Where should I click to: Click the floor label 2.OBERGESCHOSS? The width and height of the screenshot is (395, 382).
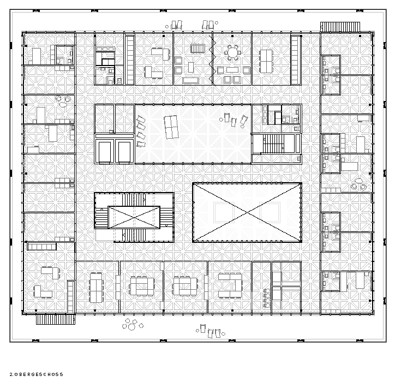click(36, 374)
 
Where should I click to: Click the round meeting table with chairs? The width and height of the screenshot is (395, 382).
click(232, 53)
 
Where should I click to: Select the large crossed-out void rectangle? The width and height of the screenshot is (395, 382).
click(247, 212)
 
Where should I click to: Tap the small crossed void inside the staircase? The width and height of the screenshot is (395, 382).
click(134, 217)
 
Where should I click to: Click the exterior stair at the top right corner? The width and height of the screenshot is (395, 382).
click(340, 27)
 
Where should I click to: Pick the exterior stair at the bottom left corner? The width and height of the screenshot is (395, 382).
click(56, 319)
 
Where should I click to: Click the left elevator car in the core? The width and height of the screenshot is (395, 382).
click(105, 152)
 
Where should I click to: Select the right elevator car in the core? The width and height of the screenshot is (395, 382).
click(124, 152)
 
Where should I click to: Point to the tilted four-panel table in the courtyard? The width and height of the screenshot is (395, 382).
click(171, 127)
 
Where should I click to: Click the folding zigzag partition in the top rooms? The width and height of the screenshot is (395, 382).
click(212, 59)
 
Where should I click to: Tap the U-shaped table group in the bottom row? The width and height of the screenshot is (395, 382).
click(230, 285)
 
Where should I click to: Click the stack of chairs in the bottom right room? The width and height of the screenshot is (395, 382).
click(266, 299)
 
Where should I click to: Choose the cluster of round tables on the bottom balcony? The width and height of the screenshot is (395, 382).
click(132, 325)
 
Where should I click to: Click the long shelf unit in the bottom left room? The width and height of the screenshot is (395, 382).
click(42, 247)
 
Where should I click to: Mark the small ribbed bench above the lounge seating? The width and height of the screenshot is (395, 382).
click(197, 49)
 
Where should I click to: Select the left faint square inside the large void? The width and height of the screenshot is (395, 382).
click(224, 212)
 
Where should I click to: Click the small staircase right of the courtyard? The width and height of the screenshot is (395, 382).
click(273, 144)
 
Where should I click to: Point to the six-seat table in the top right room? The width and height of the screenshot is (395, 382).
click(266, 61)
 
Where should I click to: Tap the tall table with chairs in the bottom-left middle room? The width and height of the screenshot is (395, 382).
click(96, 288)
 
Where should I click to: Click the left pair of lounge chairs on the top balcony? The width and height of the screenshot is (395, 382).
click(176, 25)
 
